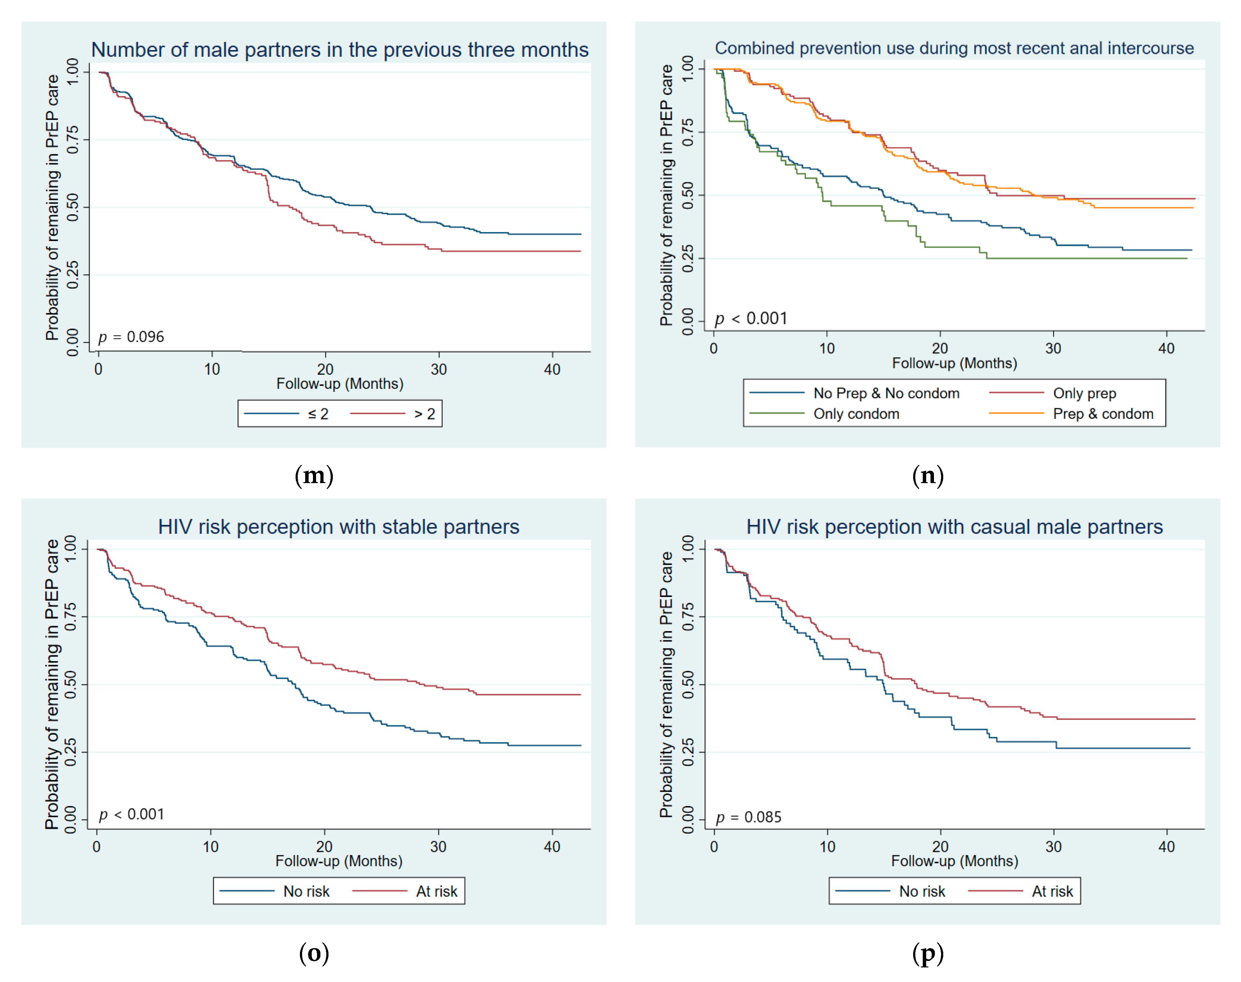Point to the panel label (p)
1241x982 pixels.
click(928, 953)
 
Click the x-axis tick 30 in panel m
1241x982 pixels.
click(439, 369)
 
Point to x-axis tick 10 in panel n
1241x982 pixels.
click(827, 348)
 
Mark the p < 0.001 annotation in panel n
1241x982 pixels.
click(751, 319)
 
